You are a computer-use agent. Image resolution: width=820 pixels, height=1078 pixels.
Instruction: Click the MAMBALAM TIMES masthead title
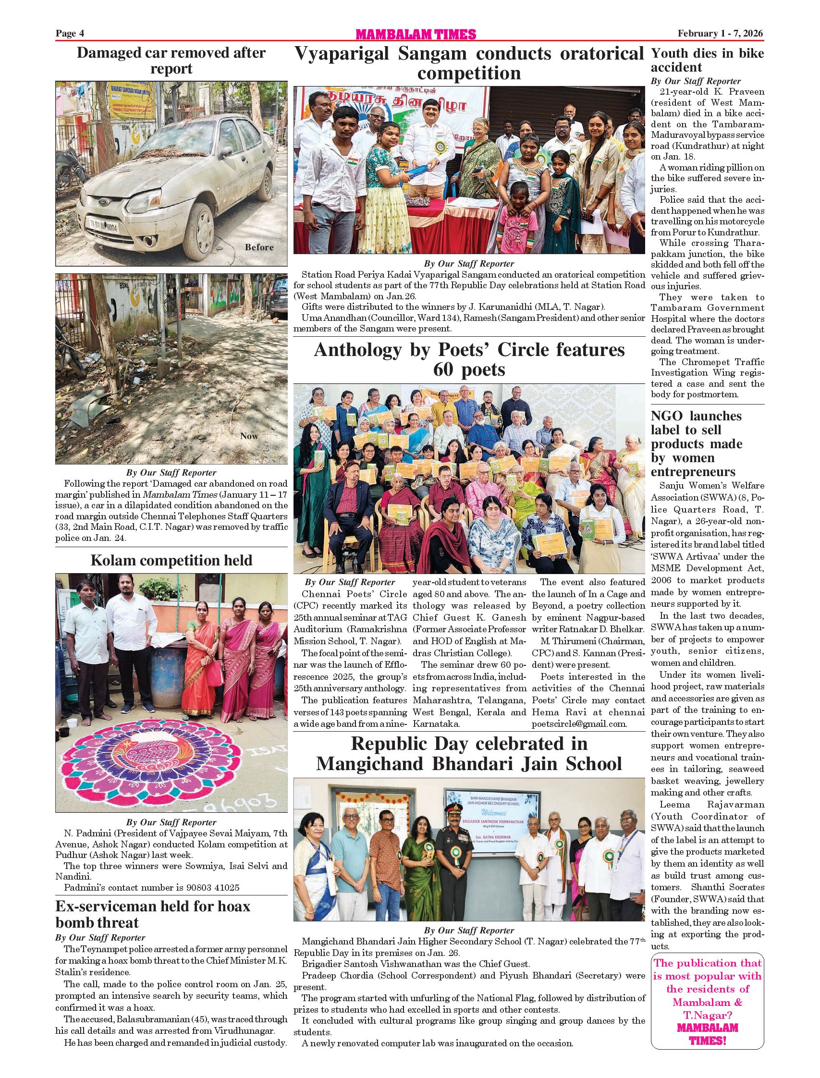[x=416, y=34]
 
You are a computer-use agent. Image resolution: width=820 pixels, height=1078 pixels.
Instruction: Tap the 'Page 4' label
[x=70, y=33]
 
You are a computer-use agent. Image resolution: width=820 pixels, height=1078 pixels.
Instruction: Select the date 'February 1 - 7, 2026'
[x=720, y=33]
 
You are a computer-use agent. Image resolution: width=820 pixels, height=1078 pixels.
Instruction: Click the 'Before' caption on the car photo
[x=259, y=247]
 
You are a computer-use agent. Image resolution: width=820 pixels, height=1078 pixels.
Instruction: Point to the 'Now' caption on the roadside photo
[x=249, y=436]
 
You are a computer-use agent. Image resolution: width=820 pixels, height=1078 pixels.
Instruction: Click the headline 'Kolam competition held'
[x=171, y=560]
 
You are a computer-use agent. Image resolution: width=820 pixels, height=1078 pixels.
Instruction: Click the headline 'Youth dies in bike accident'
[x=707, y=60]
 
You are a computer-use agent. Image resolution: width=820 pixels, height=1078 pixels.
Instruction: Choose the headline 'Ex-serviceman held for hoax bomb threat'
[x=152, y=915]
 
